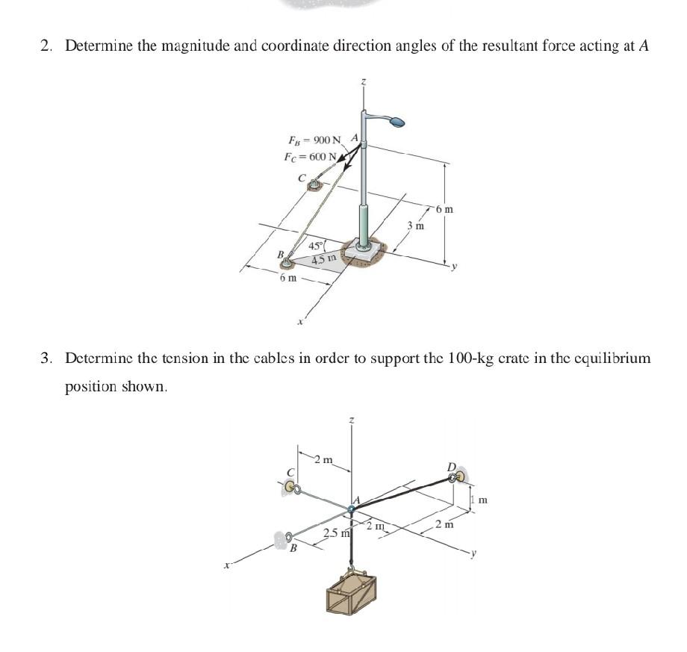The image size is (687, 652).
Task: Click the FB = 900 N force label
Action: [x=314, y=140]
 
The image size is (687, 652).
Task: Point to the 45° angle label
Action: [x=317, y=246]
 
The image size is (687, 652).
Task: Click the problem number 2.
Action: [x=46, y=46]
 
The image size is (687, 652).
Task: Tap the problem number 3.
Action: [x=46, y=358]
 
